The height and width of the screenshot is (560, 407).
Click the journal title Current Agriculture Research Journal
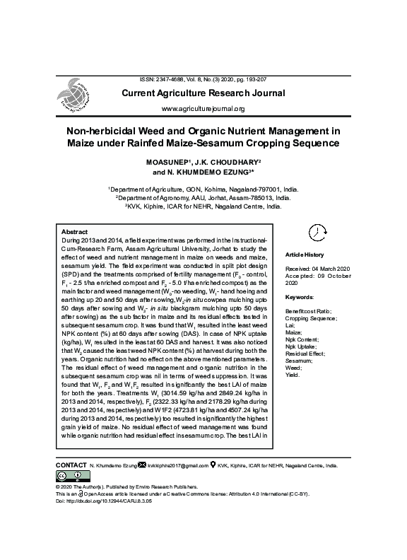(203, 93)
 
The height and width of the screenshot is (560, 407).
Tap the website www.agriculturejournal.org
(203, 109)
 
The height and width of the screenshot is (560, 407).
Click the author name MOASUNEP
(167, 162)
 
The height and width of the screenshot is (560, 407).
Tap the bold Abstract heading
(75, 232)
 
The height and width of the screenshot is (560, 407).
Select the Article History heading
(304, 255)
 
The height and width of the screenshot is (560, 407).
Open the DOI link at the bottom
(102, 501)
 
